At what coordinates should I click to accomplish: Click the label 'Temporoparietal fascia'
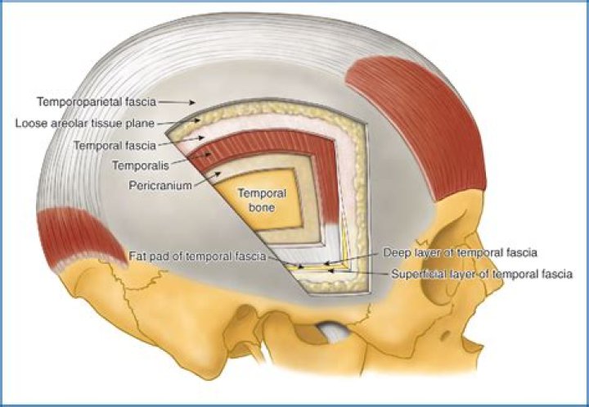(97, 102)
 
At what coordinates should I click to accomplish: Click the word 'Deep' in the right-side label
(397, 252)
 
